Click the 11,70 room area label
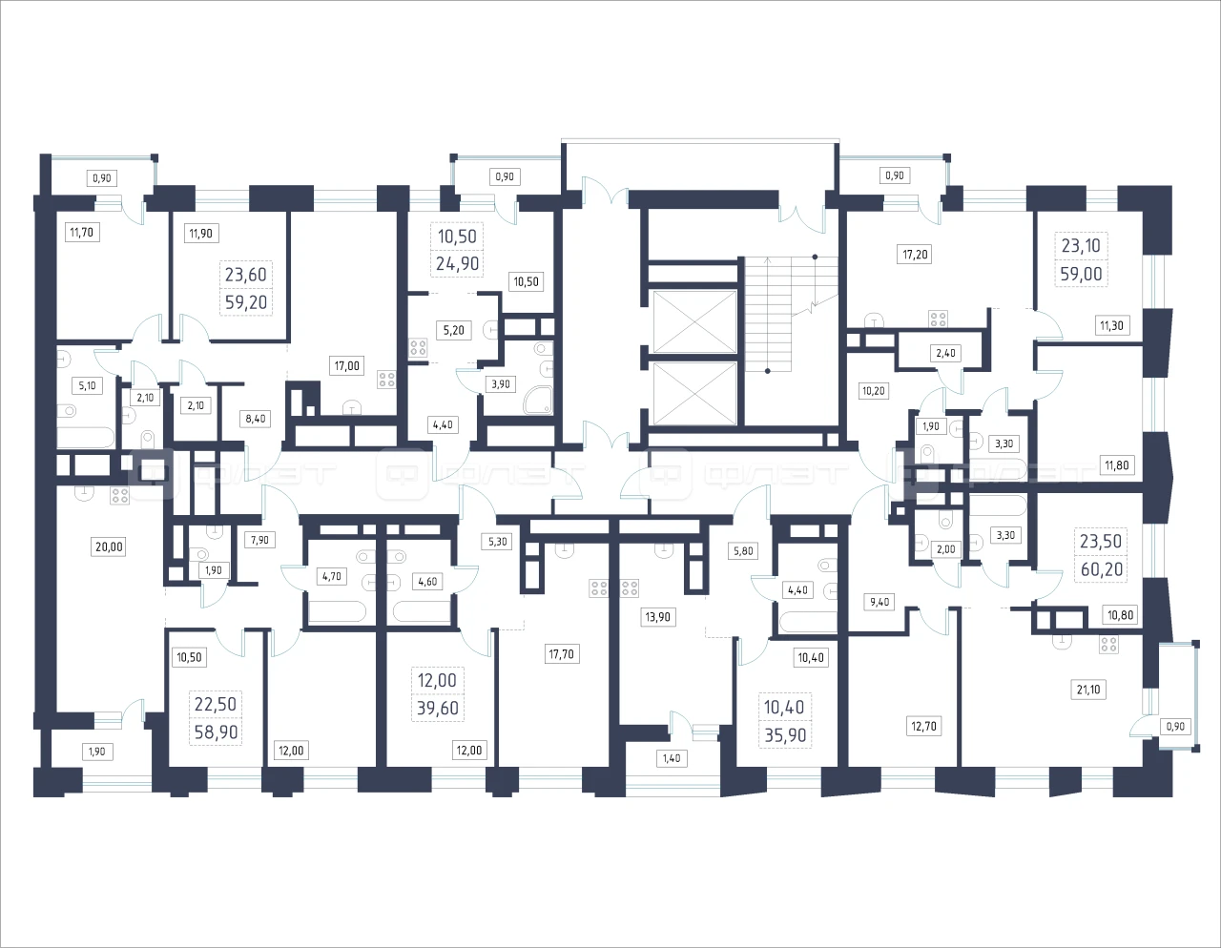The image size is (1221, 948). (x=82, y=232)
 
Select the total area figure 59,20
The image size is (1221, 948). (x=246, y=302)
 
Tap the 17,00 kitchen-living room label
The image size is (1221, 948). (x=346, y=366)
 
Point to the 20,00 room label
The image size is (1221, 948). (x=109, y=546)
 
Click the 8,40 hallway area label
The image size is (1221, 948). (x=256, y=419)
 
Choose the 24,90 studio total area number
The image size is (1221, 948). (x=457, y=263)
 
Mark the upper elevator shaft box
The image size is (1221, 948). (x=695, y=321)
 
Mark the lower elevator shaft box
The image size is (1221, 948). (x=695, y=394)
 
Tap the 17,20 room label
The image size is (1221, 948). (x=916, y=255)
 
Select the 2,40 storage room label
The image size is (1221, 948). (x=945, y=353)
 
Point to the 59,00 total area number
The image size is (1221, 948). (x=1081, y=274)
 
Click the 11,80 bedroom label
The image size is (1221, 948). (x=1116, y=465)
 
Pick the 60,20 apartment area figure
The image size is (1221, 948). (x=1102, y=569)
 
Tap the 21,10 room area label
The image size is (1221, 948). (x=1088, y=690)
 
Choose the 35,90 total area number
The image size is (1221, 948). (x=785, y=735)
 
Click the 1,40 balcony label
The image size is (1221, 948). (x=672, y=758)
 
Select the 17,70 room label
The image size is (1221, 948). (x=561, y=653)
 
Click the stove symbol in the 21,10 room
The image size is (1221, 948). (x=1109, y=645)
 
